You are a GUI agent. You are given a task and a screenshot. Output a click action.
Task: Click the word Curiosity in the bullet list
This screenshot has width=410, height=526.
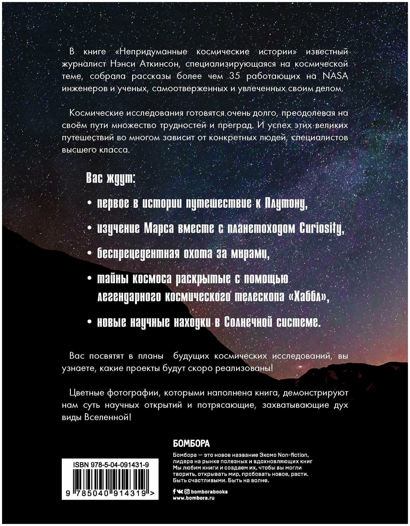(x=322, y=229)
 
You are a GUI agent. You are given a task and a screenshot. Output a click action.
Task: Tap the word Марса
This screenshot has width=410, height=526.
(x=159, y=229)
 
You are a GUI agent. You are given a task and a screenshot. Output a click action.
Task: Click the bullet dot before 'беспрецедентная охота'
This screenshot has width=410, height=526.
(x=90, y=253)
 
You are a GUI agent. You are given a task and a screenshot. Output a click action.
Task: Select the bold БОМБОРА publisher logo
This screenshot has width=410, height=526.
(x=191, y=444)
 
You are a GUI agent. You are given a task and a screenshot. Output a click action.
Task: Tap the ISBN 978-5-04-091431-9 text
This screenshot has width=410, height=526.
(x=111, y=465)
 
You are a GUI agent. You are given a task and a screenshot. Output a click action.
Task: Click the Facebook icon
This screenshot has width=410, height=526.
(x=174, y=491)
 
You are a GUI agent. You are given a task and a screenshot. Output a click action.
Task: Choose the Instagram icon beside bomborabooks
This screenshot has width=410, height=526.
(x=187, y=491)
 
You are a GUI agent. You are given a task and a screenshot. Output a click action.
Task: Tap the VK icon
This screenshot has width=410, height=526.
(x=180, y=491)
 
